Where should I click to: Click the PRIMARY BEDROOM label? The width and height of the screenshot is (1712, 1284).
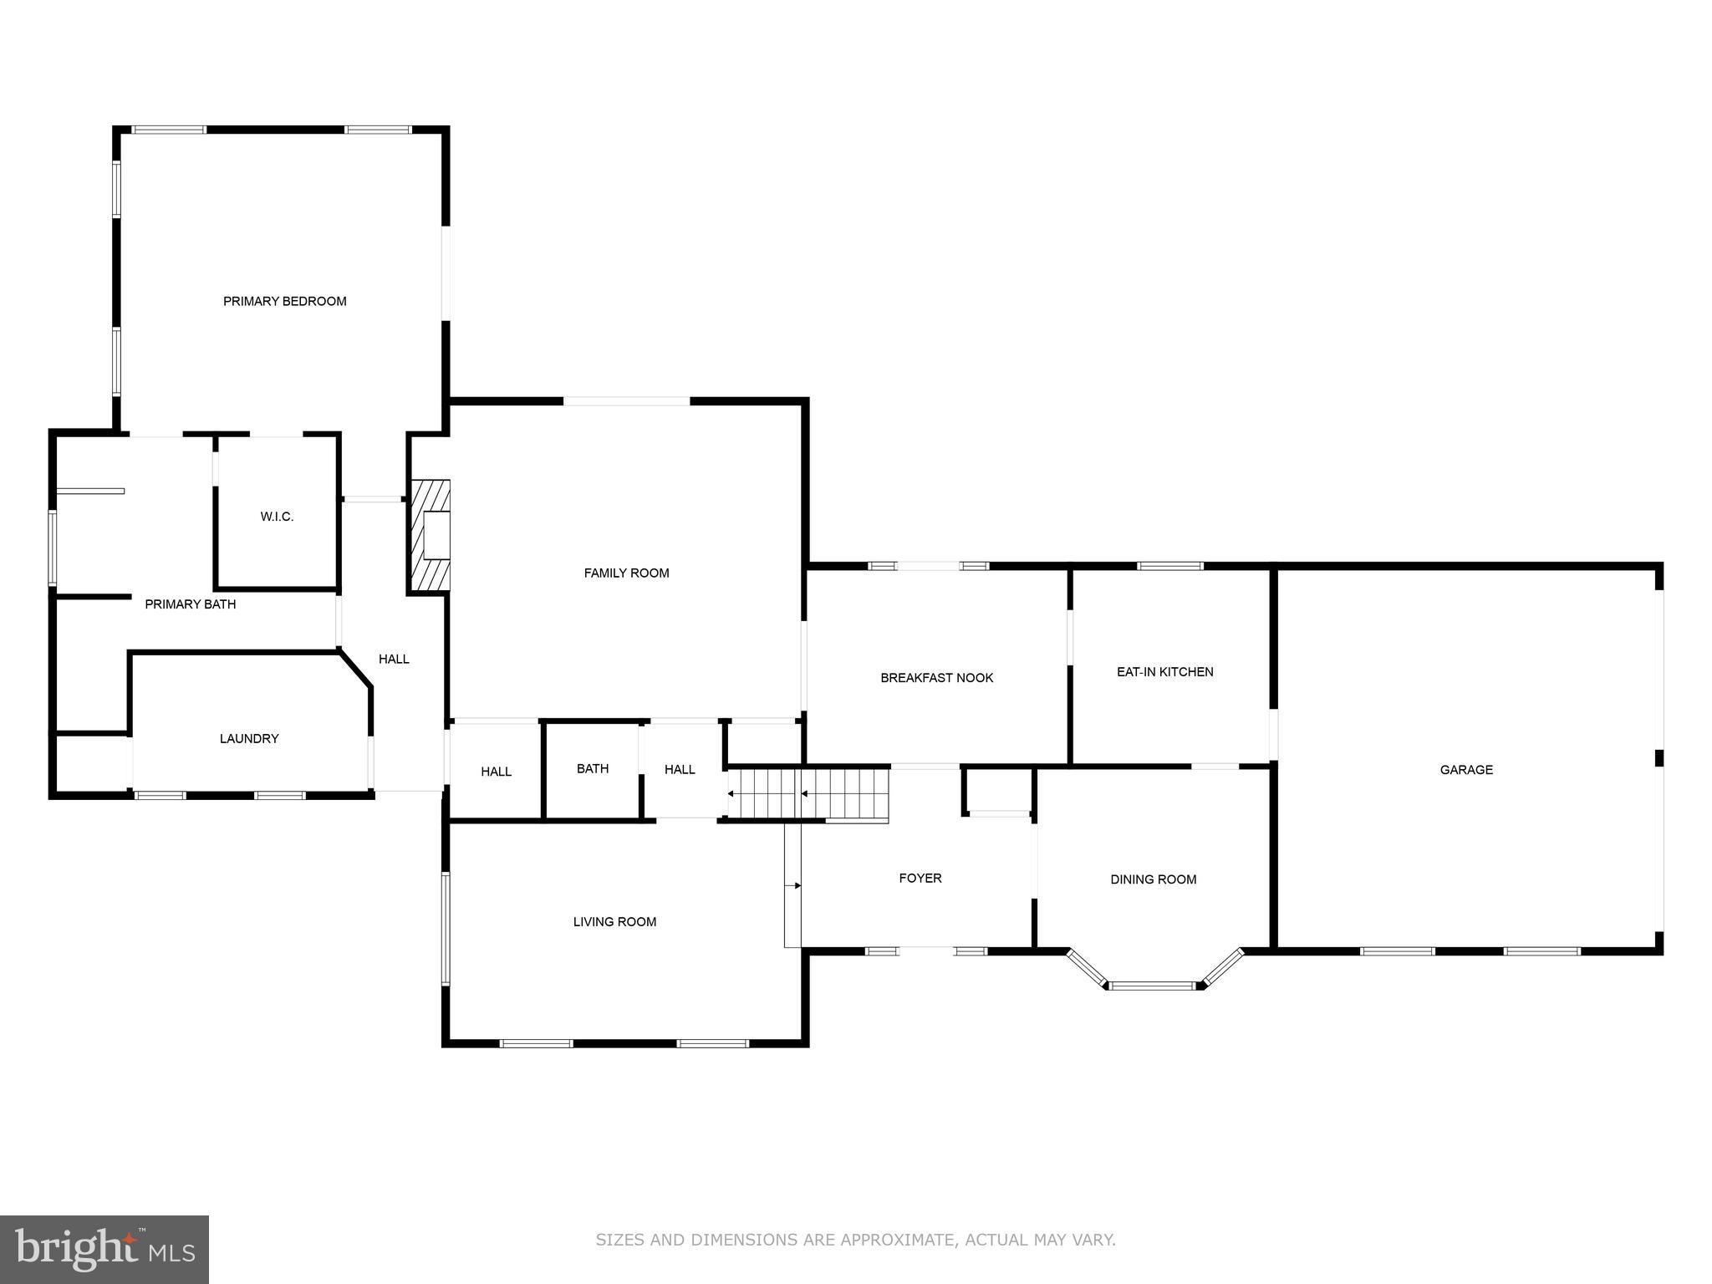(284, 301)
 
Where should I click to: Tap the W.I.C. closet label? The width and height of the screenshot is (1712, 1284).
(277, 517)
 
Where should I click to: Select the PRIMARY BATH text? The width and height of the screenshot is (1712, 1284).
(191, 604)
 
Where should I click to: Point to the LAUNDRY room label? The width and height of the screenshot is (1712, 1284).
(249, 738)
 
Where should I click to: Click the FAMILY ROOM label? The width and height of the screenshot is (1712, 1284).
(626, 573)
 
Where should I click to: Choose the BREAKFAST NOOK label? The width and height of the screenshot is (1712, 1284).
(936, 677)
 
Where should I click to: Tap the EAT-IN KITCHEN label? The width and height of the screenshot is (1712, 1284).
(1164, 671)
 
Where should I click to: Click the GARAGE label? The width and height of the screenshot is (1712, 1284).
(1466, 769)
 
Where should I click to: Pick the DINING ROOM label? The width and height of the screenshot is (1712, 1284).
(1153, 879)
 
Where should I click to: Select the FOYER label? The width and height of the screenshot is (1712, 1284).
(920, 878)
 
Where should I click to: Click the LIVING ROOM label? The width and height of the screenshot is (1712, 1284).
(614, 921)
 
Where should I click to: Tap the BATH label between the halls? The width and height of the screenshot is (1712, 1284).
(593, 768)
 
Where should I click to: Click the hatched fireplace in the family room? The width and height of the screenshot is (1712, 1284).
(430, 535)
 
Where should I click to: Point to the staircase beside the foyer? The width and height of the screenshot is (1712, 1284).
(808, 793)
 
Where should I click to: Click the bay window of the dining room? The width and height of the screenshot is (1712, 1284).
(1154, 985)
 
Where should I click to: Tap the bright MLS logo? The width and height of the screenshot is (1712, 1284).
(104, 1249)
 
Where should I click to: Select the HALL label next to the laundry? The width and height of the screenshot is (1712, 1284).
(394, 659)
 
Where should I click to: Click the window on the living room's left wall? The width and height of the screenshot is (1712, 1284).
(446, 928)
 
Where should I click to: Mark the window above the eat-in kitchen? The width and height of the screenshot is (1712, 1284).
(1169, 566)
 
